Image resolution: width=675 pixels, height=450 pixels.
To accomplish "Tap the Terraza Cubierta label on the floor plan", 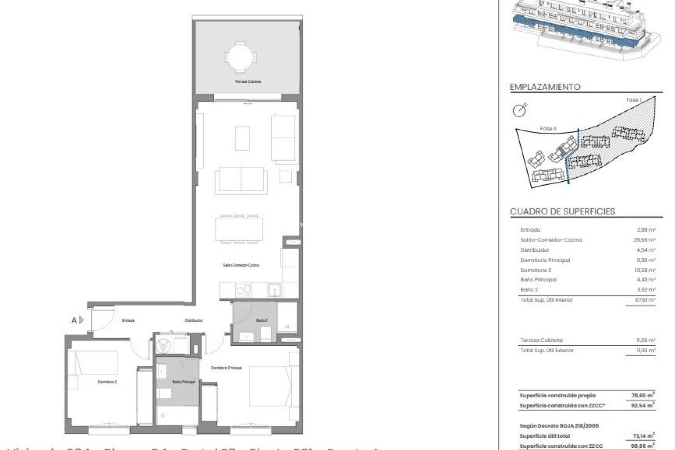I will click(x=248, y=82).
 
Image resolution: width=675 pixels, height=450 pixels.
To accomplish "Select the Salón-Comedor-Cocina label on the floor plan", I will click(x=241, y=265).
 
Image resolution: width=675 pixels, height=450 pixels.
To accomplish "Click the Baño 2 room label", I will click(x=262, y=320).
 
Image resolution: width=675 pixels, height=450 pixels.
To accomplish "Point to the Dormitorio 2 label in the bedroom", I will click(x=107, y=381).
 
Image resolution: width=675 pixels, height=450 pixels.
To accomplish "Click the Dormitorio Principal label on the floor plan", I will click(x=226, y=368).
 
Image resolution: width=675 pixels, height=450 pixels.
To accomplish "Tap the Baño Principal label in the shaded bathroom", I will click(x=184, y=381).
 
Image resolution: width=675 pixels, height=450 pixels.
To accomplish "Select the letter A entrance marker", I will click(x=74, y=320).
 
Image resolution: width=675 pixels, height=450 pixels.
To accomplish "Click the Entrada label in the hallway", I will click(x=128, y=320).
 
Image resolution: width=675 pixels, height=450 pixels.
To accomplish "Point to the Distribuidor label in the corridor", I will click(x=194, y=320).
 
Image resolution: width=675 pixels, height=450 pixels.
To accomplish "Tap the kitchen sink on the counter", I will click(x=274, y=290).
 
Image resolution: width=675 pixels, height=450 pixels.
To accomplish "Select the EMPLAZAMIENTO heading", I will click(x=545, y=87).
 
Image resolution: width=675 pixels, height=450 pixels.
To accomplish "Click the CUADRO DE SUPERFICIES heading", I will click(x=562, y=211).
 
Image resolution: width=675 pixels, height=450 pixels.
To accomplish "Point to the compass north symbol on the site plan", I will click(x=520, y=110).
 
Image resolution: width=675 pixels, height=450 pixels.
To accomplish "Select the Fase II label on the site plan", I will click(x=548, y=129).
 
